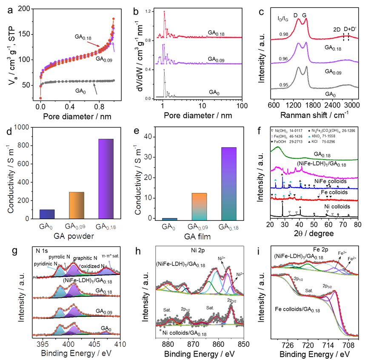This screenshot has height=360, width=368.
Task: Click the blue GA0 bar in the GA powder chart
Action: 47,214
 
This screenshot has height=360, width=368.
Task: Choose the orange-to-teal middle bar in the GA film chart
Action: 199,206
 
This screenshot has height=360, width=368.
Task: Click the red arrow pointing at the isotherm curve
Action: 94,44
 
